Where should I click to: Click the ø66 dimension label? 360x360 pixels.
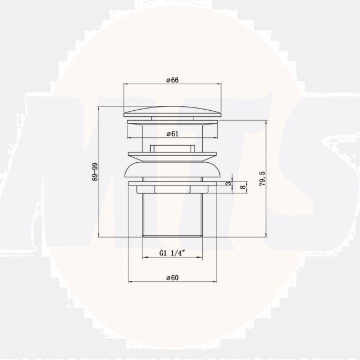(x=172, y=80)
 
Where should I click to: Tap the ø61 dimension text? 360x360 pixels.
(x=172, y=133)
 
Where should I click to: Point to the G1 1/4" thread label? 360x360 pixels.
(x=172, y=253)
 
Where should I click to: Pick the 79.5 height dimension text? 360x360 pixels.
(x=261, y=178)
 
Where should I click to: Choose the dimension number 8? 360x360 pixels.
(x=241, y=188)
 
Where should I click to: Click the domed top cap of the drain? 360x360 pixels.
(x=172, y=110)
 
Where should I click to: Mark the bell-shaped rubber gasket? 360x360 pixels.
(x=172, y=169)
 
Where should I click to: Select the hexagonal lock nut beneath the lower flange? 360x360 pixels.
(x=172, y=189)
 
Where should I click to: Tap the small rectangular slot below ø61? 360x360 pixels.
(x=172, y=148)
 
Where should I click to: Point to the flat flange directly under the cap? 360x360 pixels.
(x=172, y=121)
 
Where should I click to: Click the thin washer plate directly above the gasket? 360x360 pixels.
(x=172, y=154)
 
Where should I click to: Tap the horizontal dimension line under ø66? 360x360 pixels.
(x=144, y=85)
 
